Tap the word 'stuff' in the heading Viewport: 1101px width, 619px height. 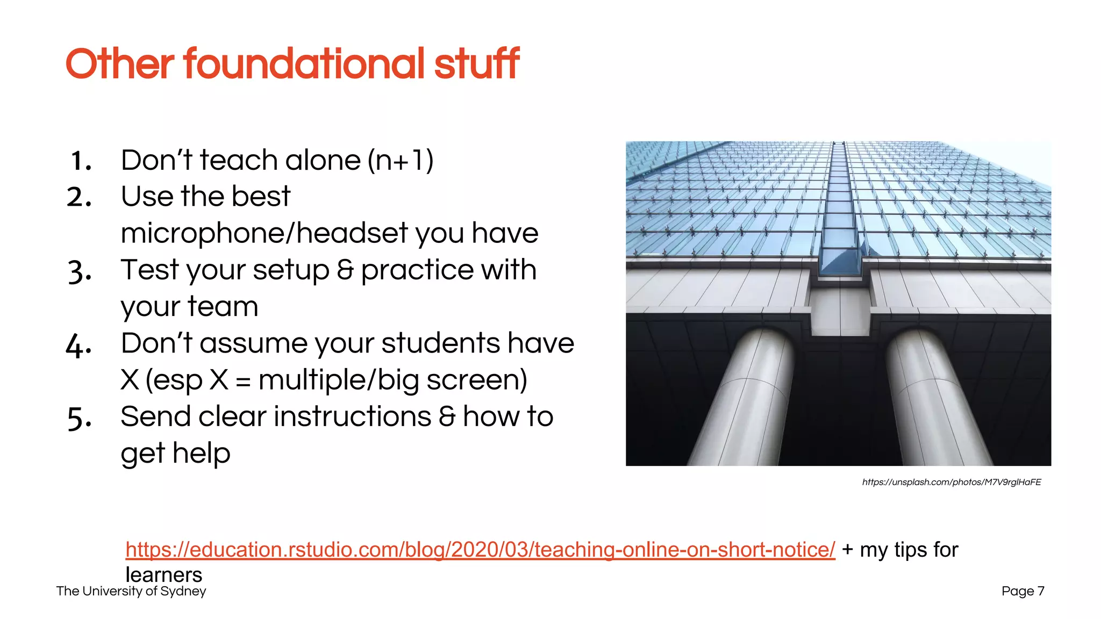tap(476, 64)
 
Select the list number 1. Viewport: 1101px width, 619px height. tap(81, 161)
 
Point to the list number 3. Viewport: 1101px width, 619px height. tap(80, 271)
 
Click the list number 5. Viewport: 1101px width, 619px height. tap(80, 418)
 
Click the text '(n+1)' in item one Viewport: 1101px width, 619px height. tap(401, 161)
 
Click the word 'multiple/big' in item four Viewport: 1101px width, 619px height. tap(339, 380)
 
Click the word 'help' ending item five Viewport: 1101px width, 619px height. tap(202, 453)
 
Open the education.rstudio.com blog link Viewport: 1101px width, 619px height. tap(480, 550)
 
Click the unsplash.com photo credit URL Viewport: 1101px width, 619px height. tap(952, 482)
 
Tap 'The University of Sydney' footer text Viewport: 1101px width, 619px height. tap(131, 591)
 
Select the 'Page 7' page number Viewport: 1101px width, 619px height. tap(1023, 591)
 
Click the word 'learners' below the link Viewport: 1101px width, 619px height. tap(164, 575)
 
